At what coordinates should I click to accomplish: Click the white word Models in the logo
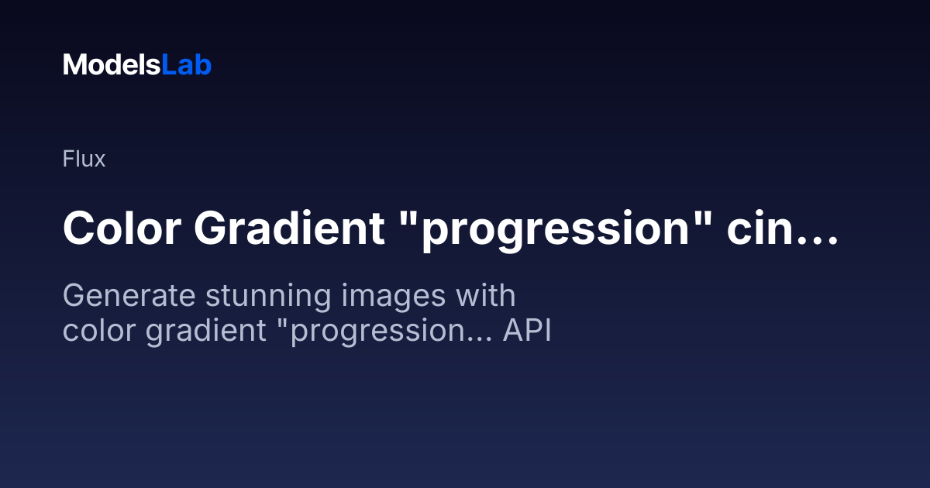pyautogui.click(x=112, y=65)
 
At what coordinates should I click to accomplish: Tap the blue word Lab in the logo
pyautogui.click(x=187, y=65)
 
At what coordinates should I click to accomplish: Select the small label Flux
pyautogui.click(x=84, y=159)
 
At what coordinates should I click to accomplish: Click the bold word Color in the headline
pyautogui.click(x=122, y=229)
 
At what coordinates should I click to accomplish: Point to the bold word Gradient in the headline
pyautogui.click(x=289, y=229)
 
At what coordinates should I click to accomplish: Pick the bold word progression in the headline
pyautogui.click(x=554, y=232)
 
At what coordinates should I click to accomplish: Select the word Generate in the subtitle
pyautogui.click(x=129, y=295)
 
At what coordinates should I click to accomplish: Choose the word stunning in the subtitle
pyautogui.click(x=268, y=298)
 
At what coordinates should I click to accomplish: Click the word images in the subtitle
pyautogui.click(x=393, y=298)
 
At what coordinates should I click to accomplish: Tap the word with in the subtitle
pyautogui.click(x=486, y=295)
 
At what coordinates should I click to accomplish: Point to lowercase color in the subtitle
pyautogui.click(x=99, y=330)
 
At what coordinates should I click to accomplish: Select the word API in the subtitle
pyautogui.click(x=527, y=330)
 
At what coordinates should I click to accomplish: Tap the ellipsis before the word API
pyautogui.click(x=480, y=340)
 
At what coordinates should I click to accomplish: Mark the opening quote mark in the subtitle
pyautogui.click(x=282, y=323)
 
